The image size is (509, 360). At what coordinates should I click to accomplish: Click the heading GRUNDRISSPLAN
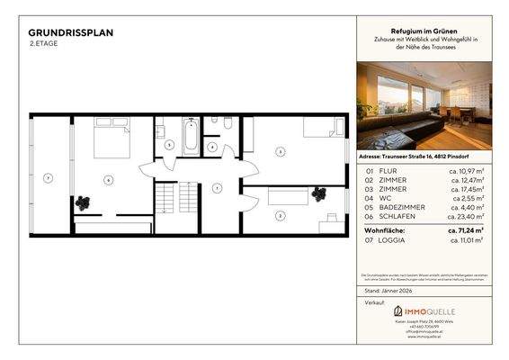tap(71, 32)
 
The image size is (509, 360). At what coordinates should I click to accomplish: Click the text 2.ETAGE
tap(44, 43)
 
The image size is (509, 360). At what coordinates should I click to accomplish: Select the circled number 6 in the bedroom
tap(107, 180)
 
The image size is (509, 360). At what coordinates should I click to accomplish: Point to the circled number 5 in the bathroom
tap(169, 144)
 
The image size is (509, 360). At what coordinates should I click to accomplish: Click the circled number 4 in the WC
tap(212, 147)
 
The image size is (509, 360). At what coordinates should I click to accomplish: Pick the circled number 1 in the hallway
tap(217, 187)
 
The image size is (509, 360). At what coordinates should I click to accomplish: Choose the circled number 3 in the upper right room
tap(281, 152)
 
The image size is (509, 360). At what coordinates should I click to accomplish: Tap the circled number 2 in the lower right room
tap(280, 215)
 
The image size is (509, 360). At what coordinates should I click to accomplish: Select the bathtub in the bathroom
tap(191, 137)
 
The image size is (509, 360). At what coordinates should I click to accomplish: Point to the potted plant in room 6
tap(84, 203)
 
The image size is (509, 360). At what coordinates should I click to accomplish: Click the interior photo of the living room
tap(424, 105)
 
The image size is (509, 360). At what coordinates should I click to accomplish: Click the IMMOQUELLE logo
tap(424, 310)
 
